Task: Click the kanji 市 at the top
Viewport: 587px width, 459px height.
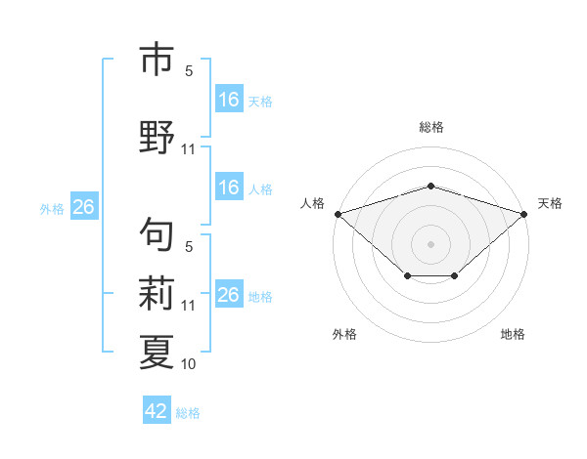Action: coord(157,59)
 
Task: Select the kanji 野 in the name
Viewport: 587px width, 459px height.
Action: coord(157,137)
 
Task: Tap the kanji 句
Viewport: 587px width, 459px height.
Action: coord(157,234)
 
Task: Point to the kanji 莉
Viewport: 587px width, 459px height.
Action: coord(157,293)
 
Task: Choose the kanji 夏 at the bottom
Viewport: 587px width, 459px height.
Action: coord(157,353)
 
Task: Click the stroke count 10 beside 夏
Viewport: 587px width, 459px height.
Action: coord(188,364)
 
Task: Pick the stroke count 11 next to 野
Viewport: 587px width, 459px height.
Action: coord(188,149)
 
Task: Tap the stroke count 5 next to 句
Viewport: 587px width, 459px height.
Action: coord(189,247)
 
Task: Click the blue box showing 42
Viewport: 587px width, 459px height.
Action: coord(157,409)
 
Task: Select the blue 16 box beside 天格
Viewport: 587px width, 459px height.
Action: coord(229,99)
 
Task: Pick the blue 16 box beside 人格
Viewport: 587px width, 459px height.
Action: coord(229,187)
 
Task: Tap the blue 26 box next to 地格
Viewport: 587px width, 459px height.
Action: coord(229,293)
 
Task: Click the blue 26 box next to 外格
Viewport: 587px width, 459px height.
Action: coord(84,206)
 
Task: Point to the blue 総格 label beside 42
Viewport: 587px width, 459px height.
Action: coord(188,413)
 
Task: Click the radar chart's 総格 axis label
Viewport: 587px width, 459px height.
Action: coord(431,127)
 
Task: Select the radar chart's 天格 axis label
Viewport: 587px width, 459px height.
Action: coord(550,203)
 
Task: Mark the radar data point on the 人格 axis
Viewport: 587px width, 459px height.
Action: coord(339,214)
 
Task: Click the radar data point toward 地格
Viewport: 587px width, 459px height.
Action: coord(455,275)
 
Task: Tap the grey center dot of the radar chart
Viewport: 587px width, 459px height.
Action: coord(430,244)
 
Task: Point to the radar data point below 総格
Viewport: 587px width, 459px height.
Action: coord(430,186)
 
